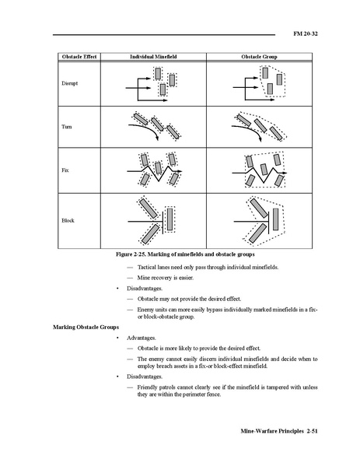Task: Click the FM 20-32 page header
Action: pos(306,33)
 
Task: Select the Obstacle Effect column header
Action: pos(79,57)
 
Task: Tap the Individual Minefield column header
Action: pos(153,57)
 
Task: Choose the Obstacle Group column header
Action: pos(259,57)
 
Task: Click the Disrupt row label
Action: pos(69,83)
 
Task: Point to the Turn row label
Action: pos(67,127)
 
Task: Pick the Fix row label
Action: pos(65,170)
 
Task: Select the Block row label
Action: pos(68,220)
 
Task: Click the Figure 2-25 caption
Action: pos(185,254)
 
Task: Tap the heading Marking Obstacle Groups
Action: pos(86,327)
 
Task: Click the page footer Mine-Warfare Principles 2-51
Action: pos(279,431)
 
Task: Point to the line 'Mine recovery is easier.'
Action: pos(165,278)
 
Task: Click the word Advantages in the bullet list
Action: pos(142,338)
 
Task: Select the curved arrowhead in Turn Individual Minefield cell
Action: pos(157,138)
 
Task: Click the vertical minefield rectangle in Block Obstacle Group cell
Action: pos(275,219)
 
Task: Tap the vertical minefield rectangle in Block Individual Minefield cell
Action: pos(170,219)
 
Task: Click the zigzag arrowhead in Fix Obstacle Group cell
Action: pos(285,173)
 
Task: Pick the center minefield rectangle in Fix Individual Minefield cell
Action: pos(159,168)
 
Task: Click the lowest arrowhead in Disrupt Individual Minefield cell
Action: pos(166,100)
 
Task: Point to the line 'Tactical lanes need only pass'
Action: pos(208,267)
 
